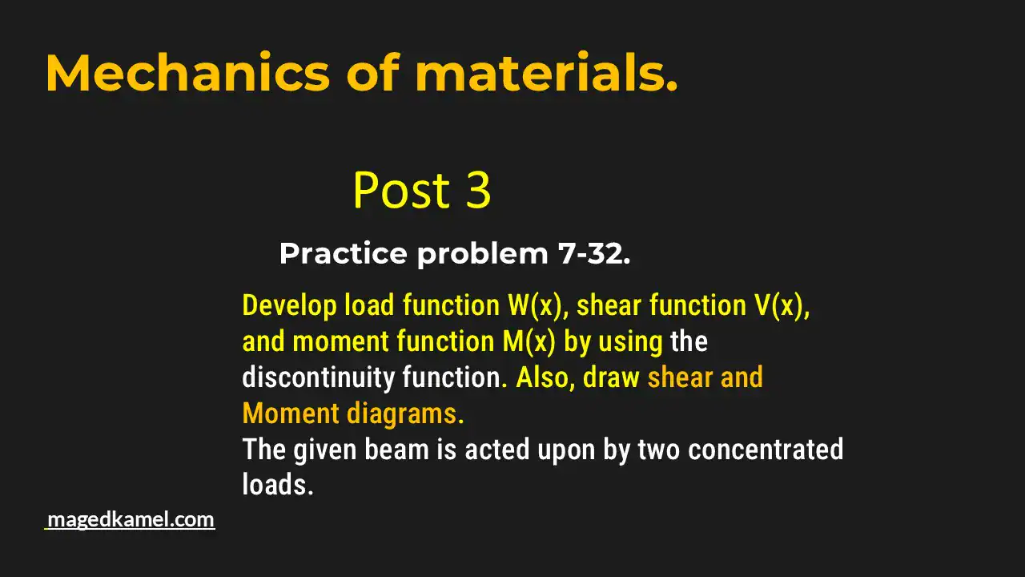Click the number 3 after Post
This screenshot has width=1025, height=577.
(x=477, y=191)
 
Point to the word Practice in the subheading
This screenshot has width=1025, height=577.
(x=343, y=254)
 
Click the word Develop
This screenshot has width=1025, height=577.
(x=289, y=305)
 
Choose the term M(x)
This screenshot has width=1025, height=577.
(x=529, y=341)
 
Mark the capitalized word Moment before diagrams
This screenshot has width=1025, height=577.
(x=291, y=414)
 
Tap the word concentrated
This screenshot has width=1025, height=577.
(x=765, y=450)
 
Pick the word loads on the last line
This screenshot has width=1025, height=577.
(x=276, y=485)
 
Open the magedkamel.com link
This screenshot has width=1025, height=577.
(x=131, y=519)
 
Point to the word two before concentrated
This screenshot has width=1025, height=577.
(x=658, y=450)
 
